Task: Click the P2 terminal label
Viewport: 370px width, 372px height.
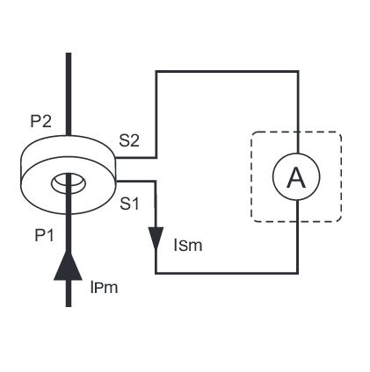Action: [41, 121]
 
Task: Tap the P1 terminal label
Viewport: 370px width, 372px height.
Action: [44, 235]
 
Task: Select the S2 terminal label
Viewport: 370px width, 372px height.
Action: [129, 140]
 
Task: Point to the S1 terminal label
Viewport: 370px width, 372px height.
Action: [129, 204]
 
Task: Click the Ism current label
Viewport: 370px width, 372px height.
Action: [188, 246]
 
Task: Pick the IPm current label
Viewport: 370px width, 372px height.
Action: [104, 288]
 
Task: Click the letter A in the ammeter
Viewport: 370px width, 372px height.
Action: [296, 178]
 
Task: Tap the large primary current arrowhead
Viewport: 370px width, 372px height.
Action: [68, 265]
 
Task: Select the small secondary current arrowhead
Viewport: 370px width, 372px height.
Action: [156, 238]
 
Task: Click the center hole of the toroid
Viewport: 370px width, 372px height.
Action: [69, 182]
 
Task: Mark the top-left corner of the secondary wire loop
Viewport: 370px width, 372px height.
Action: [156, 71]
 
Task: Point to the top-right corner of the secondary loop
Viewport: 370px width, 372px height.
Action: [298, 71]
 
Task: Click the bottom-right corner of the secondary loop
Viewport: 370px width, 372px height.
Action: [298, 273]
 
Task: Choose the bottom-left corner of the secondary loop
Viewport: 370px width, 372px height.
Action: [156, 273]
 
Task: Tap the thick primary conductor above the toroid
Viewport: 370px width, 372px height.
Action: [69, 94]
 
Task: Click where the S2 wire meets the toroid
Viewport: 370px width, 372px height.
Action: [116, 158]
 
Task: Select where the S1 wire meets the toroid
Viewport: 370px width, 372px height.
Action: [117, 182]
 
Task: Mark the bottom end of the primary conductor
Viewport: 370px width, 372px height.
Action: [69, 306]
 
